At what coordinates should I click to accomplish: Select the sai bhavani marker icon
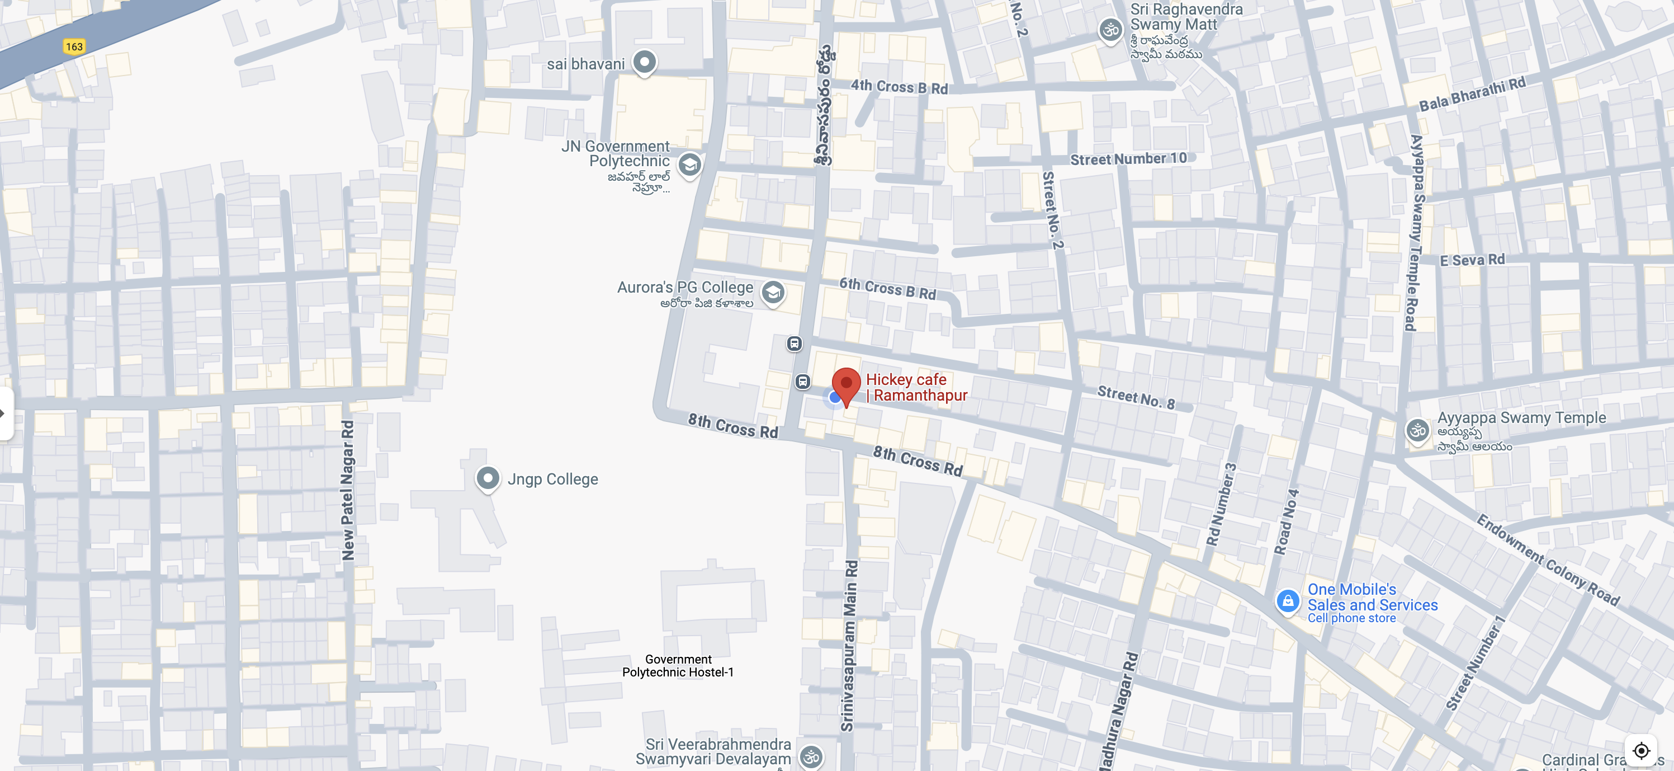click(x=644, y=63)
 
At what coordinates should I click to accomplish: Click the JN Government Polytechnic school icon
click(x=689, y=164)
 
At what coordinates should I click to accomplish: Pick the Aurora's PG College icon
click(x=773, y=293)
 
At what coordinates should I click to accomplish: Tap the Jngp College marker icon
click(x=488, y=478)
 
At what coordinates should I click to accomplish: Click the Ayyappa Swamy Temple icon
click(x=1417, y=430)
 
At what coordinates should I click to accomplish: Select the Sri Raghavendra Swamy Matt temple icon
click(x=1110, y=30)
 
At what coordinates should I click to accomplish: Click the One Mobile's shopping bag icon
click(x=1287, y=601)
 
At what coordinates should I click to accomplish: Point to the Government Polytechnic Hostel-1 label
click(x=678, y=666)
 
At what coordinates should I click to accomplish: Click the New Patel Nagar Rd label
click(x=348, y=490)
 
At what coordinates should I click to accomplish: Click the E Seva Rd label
click(x=1472, y=260)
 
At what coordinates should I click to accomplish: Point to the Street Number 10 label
click(x=1128, y=159)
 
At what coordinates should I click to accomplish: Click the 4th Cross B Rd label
click(x=899, y=87)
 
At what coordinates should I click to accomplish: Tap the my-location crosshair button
click(x=1641, y=751)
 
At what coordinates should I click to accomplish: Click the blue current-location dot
click(x=834, y=397)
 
